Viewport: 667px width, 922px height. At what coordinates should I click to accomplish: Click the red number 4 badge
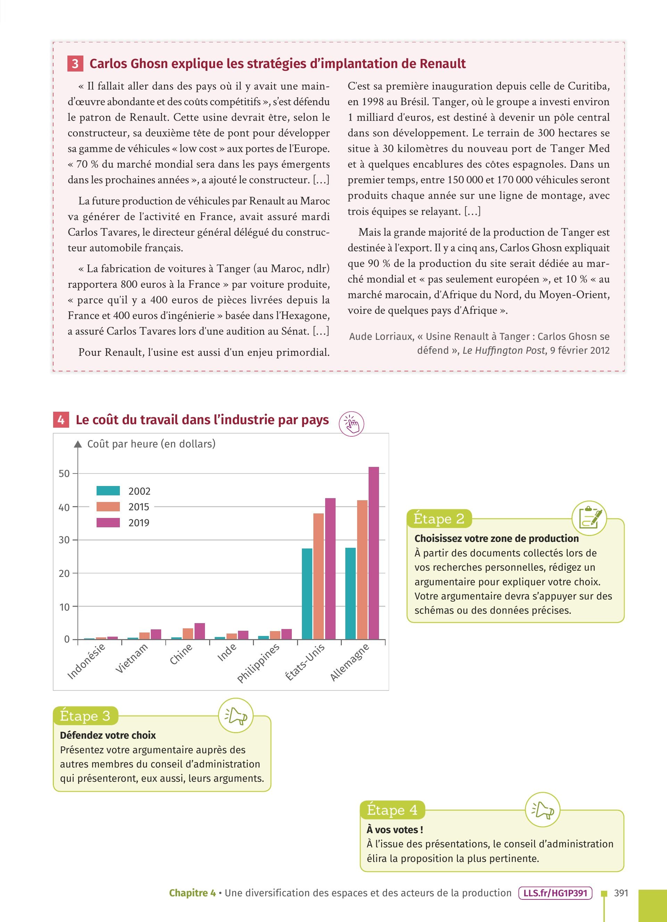[x=61, y=420]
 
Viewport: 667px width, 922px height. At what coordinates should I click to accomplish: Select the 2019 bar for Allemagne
[x=373, y=553]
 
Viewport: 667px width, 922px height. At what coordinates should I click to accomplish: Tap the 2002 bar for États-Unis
[x=307, y=594]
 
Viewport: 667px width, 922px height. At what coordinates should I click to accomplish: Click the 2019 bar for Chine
[x=200, y=631]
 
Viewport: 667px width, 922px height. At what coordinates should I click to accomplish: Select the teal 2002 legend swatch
[x=108, y=491]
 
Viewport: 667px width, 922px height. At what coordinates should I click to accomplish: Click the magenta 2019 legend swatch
[x=108, y=522]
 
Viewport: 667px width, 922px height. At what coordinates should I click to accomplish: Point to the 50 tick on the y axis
[x=64, y=473]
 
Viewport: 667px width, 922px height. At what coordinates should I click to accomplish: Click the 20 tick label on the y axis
[x=64, y=573]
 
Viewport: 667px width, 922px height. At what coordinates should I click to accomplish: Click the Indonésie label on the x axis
[x=86, y=661]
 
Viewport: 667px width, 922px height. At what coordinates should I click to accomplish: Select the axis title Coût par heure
[x=151, y=444]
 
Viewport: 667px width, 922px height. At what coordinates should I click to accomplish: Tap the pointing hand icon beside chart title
[x=352, y=424]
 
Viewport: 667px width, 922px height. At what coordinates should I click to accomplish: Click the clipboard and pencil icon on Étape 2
[x=589, y=518]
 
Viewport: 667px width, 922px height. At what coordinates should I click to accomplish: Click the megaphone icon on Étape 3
[x=236, y=715]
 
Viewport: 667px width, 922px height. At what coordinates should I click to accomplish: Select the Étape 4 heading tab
[x=392, y=810]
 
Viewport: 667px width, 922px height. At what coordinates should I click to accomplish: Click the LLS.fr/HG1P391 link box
[x=555, y=893]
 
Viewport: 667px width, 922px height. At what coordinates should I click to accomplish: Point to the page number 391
[x=621, y=893]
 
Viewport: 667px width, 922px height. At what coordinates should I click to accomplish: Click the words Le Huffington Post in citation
[x=503, y=350]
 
